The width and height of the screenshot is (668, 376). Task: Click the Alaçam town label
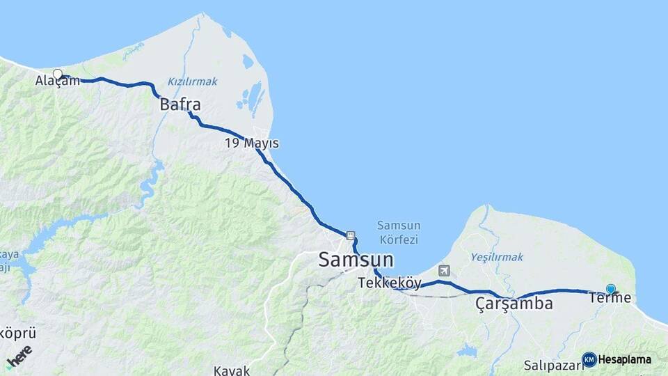(x=58, y=81)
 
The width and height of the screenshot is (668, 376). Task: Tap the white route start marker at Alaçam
(x=58, y=74)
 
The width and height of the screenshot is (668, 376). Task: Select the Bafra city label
(x=180, y=105)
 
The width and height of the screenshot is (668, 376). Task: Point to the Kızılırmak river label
(x=192, y=81)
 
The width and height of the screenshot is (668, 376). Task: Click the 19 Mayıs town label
(x=251, y=143)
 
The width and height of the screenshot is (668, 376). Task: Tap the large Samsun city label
(x=356, y=260)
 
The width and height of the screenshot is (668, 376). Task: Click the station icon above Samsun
(x=350, y=235)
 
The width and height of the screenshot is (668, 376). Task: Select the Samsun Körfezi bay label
(x=397, y=233)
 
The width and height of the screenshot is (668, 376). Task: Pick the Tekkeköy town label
(x=390, y=283)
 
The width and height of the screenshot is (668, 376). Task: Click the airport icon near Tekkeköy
(x=444, y=270)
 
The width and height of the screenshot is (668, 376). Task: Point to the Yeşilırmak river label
(x=496, y=257)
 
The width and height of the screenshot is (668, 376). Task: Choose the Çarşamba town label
(x=514, y=304)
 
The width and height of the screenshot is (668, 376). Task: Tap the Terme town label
(x=610, y=299)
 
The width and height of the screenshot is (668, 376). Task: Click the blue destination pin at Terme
(x=610, y=288)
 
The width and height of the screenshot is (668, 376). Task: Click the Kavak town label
(x=231, y=370)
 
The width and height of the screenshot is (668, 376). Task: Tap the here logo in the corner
(x=18, y=357)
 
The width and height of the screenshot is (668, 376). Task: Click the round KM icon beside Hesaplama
(x=589, y=359)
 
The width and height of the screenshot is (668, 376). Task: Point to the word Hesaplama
(x=625, y=360)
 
